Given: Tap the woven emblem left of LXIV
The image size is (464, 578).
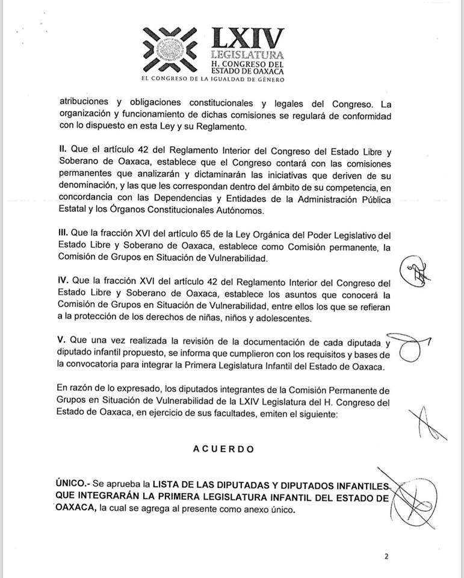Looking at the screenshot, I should tap(173, 49).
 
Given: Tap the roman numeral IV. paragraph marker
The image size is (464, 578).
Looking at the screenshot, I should tap(65, 281).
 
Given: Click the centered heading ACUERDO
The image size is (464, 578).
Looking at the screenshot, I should tap(223, 449).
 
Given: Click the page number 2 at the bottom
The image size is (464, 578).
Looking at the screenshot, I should tap(386, 557).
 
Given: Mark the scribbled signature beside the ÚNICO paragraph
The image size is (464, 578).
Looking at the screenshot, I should tap(415, 498).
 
